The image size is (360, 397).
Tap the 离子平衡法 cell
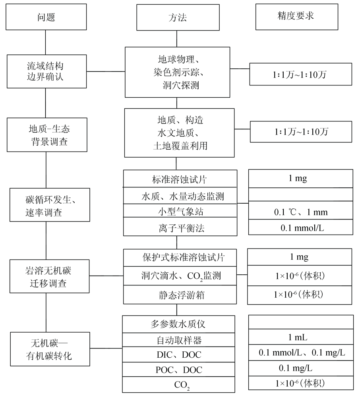pos(180,228)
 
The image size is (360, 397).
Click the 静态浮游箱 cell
pos(180,295)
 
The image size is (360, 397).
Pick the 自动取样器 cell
pos(180,340)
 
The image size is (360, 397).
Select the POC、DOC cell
pos(180,370)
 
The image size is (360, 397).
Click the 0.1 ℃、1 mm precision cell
pos(301,212)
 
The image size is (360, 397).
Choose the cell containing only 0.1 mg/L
pos(301,368)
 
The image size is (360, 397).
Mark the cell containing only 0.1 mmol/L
pos(301,227)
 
